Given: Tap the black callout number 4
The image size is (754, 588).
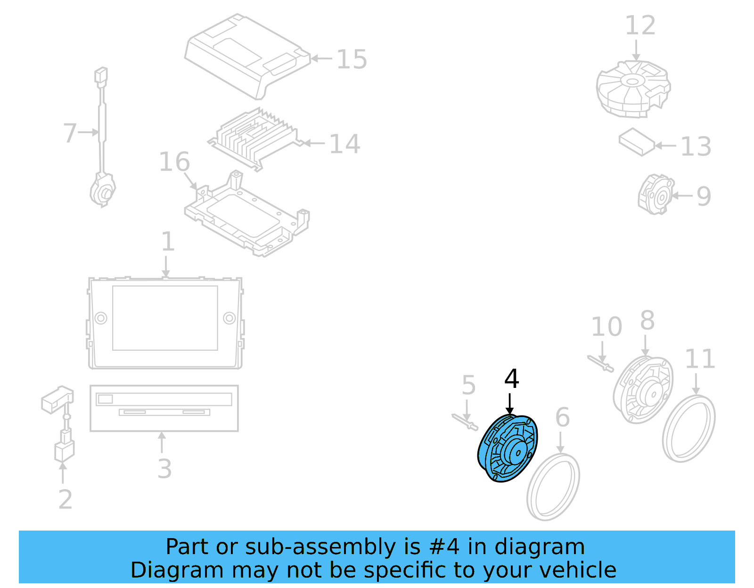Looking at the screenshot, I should [x=511, y=379].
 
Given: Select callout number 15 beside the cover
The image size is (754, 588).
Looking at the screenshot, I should [x=352, y=60].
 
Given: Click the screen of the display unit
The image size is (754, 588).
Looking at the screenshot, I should [x=165, y=318].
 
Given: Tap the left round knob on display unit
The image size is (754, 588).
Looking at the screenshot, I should [x=101, y=318].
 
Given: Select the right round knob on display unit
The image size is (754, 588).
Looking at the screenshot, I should [x=229, y=318].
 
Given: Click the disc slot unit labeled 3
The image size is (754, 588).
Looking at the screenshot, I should [x=164, y=408].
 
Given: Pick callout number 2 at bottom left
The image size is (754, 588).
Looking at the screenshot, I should [x=66, y=499].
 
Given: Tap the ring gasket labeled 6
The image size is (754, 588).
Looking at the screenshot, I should [x=553, y=487].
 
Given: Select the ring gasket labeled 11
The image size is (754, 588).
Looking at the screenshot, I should [x=688, y=428].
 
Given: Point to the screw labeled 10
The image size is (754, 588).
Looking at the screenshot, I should [x=600, y=363].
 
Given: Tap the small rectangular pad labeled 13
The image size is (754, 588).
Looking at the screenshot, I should [x=636, y=141].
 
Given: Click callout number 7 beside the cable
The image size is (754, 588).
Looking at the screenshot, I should [x=70, y=133].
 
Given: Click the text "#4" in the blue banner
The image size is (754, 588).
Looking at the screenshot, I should [x=444, y=547].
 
